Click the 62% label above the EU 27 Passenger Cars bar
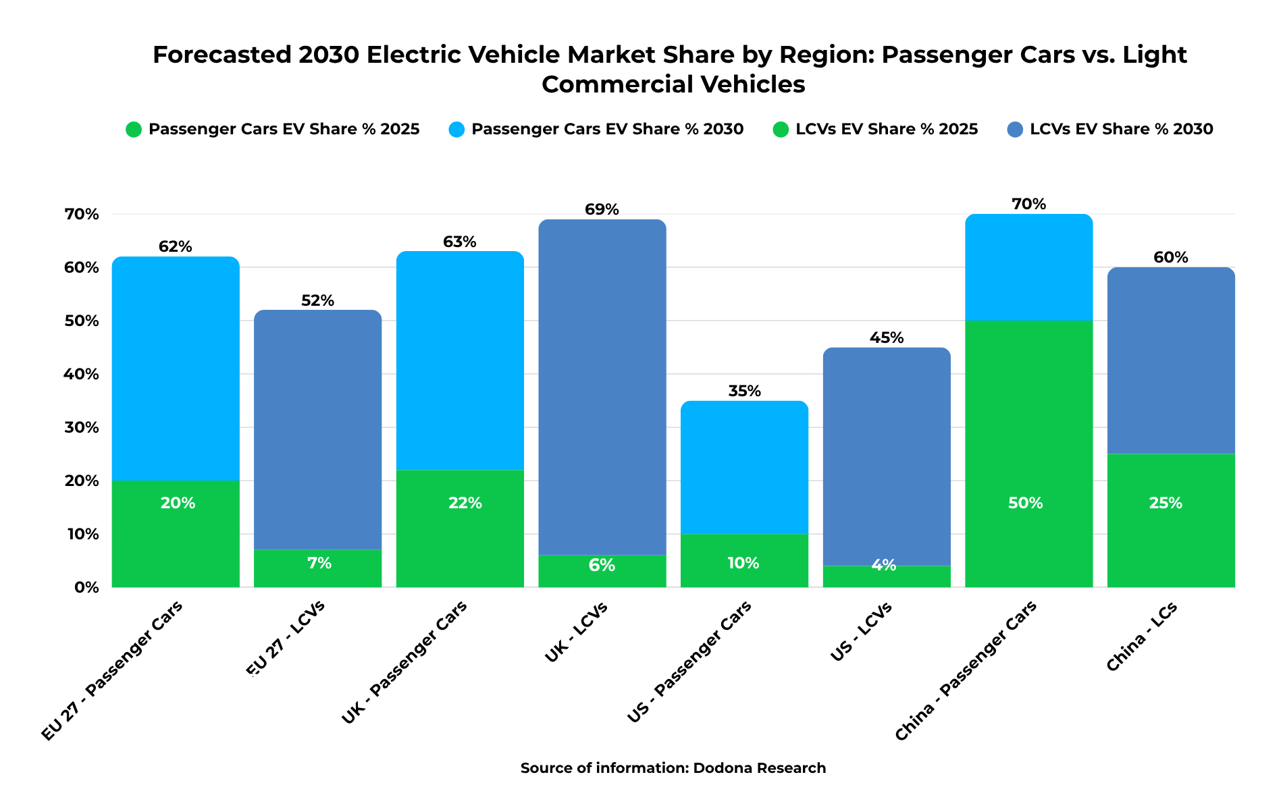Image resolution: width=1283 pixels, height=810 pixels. [x=176, y=247]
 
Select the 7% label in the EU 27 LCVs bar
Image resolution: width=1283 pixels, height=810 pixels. [x=319, y=564]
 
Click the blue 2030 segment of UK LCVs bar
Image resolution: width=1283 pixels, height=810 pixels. [x=602, y=385]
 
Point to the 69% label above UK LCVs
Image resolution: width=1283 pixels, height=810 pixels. [x=602, y=210]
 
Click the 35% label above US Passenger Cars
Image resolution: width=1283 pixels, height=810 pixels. [x=744, y=391]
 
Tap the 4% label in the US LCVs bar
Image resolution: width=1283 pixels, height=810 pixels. [x=884, y=566]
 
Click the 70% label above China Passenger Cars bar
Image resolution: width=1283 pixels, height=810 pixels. [x=1028, y=205]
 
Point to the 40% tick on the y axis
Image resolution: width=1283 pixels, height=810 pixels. [x=82, y=375]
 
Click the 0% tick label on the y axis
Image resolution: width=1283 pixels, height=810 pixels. [x=86, y=588]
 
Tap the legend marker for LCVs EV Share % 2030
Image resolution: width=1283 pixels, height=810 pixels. [x=1015, y=130]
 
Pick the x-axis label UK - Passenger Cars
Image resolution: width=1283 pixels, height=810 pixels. [x=404, y=664]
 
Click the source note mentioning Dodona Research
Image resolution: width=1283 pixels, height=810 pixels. [x=673, y=768]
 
